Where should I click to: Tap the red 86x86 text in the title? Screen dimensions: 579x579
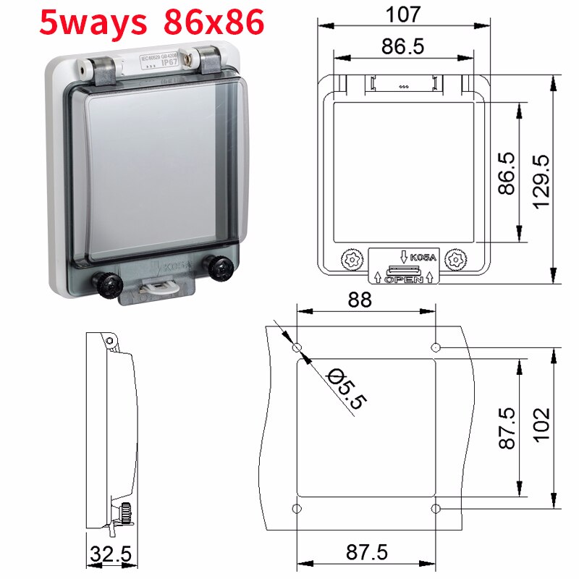[x=214, y=23]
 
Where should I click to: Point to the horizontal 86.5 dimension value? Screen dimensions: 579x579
[x=402, y=46]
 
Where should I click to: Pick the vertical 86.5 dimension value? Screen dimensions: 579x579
[x=506, y=172]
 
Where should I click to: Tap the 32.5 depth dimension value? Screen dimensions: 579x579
[x=111, y=555]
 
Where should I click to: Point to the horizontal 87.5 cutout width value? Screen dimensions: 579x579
[x=366, y=552]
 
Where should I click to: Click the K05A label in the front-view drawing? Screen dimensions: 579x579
[x=423, y=257]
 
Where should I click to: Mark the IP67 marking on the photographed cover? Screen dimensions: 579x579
[x=169, y=63]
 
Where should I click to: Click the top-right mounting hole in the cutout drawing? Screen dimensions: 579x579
[x=436, y=348]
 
